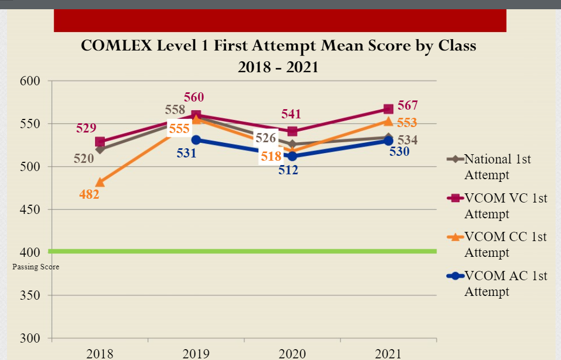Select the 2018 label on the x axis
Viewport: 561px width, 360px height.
coord(100,354)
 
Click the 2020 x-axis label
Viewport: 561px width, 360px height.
coord(292,354)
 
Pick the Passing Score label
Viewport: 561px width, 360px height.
coord(36,267)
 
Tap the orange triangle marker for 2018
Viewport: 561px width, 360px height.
coord(100,182)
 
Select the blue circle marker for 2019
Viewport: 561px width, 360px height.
coord(196,140)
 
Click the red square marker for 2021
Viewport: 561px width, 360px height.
coord(388,109)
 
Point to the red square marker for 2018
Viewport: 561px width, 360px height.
coord(100,142)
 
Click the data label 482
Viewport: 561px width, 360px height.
coord(89,194)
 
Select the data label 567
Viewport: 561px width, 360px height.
coord(407,105)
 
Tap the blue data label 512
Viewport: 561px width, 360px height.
coord(288,170)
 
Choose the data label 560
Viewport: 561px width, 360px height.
coord(194,98)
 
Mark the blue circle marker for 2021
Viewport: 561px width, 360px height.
coord(388,141)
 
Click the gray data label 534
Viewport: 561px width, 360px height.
coord(407,141)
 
